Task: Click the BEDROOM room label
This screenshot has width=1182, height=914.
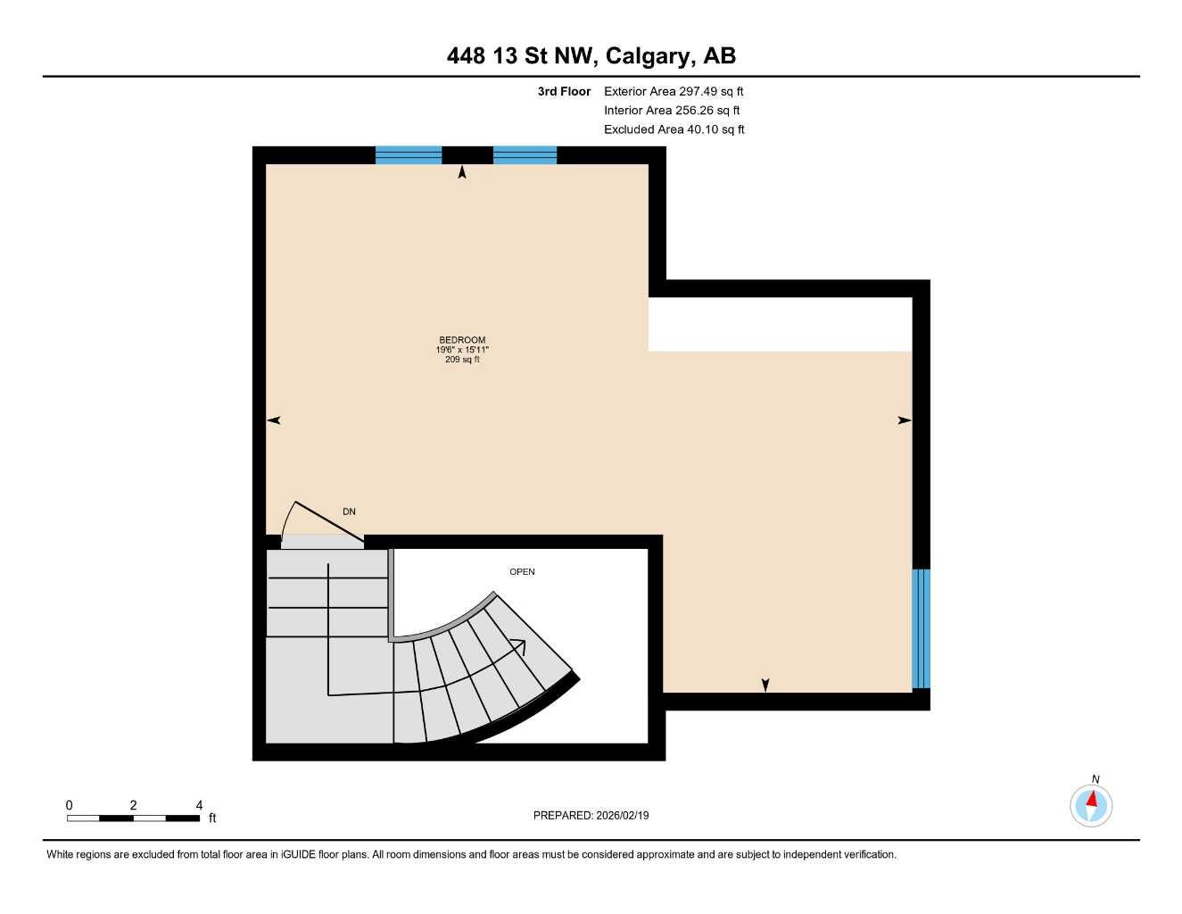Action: [462, 340]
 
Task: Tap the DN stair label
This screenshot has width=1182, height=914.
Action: [349, 512]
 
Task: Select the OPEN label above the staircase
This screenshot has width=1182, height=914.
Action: [522, 572]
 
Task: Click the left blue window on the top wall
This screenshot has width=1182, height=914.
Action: [409, 155]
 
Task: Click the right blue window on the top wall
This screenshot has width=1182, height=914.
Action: [525, 155]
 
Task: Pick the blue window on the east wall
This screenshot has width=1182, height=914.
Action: [921, 628]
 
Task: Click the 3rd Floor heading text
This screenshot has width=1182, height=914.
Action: [564, 92]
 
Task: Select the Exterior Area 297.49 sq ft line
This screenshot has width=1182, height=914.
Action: [674, 92]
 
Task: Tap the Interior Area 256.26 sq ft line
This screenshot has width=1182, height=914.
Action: [672, 111]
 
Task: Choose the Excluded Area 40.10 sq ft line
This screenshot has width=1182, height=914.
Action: [674, 129]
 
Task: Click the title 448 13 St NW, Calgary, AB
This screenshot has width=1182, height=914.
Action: [591, 56]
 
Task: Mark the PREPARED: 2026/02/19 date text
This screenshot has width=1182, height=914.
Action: [591, 816]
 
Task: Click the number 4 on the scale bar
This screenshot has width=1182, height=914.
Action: [199, 805]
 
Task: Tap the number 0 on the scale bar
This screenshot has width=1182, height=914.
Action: [69, 805]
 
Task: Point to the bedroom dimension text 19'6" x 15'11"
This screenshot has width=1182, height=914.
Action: [462, 350]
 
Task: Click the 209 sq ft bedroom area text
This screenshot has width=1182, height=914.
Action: [462, 360]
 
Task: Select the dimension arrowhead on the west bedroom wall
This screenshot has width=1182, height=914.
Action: [274, 420]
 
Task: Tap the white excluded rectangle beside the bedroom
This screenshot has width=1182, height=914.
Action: [780, 324]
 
